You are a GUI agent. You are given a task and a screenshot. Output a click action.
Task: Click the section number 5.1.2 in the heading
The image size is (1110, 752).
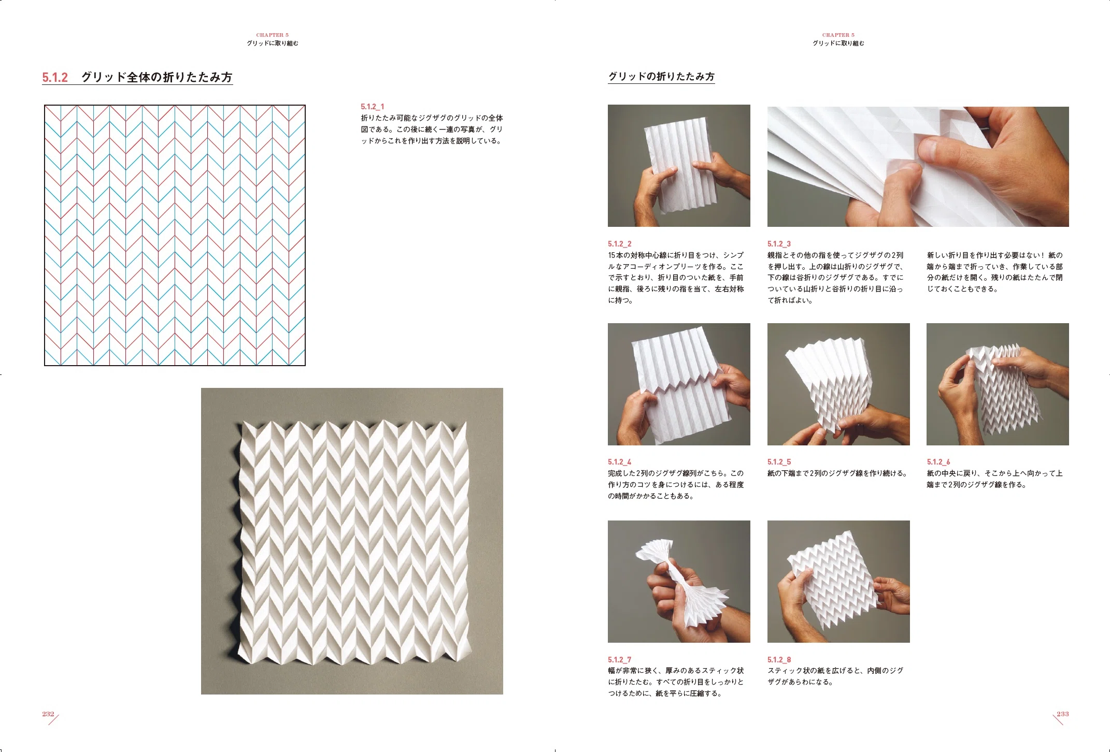click(55, 78)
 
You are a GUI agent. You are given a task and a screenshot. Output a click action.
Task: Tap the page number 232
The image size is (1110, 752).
click(48, 714)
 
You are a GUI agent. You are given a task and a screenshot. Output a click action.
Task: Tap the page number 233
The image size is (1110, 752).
click(1063, 714)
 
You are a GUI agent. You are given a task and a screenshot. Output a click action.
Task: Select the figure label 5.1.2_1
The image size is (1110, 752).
click(373, 107)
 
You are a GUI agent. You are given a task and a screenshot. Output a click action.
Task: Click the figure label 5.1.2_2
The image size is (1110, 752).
click(620, 244)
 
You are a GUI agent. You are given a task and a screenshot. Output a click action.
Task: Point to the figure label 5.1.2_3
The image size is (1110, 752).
click(779, 244)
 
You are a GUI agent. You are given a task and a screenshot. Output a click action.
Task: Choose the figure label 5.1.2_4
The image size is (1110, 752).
click(620, 462)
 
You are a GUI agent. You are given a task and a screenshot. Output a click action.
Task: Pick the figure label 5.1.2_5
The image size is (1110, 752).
click(779, 462)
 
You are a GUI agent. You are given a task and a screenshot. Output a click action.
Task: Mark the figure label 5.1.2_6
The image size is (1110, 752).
click(938, 462)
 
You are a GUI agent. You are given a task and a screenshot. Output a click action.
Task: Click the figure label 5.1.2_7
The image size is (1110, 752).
click(620, 660)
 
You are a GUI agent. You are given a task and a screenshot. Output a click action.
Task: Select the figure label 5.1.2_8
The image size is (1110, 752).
click(779, 660)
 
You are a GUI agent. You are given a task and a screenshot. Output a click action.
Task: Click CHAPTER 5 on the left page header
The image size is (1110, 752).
click(273, 35)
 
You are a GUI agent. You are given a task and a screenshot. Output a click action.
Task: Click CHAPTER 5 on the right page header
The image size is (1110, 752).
click(838, 35)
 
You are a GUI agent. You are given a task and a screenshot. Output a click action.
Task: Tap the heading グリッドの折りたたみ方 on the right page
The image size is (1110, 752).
click(661, 77)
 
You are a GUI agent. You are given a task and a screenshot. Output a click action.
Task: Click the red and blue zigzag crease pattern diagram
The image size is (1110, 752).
click(175, 236)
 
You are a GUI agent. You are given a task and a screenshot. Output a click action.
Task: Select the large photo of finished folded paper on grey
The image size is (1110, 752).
click(352, 541)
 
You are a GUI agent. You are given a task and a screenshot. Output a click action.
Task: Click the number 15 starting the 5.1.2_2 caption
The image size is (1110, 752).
click(612, 255)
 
